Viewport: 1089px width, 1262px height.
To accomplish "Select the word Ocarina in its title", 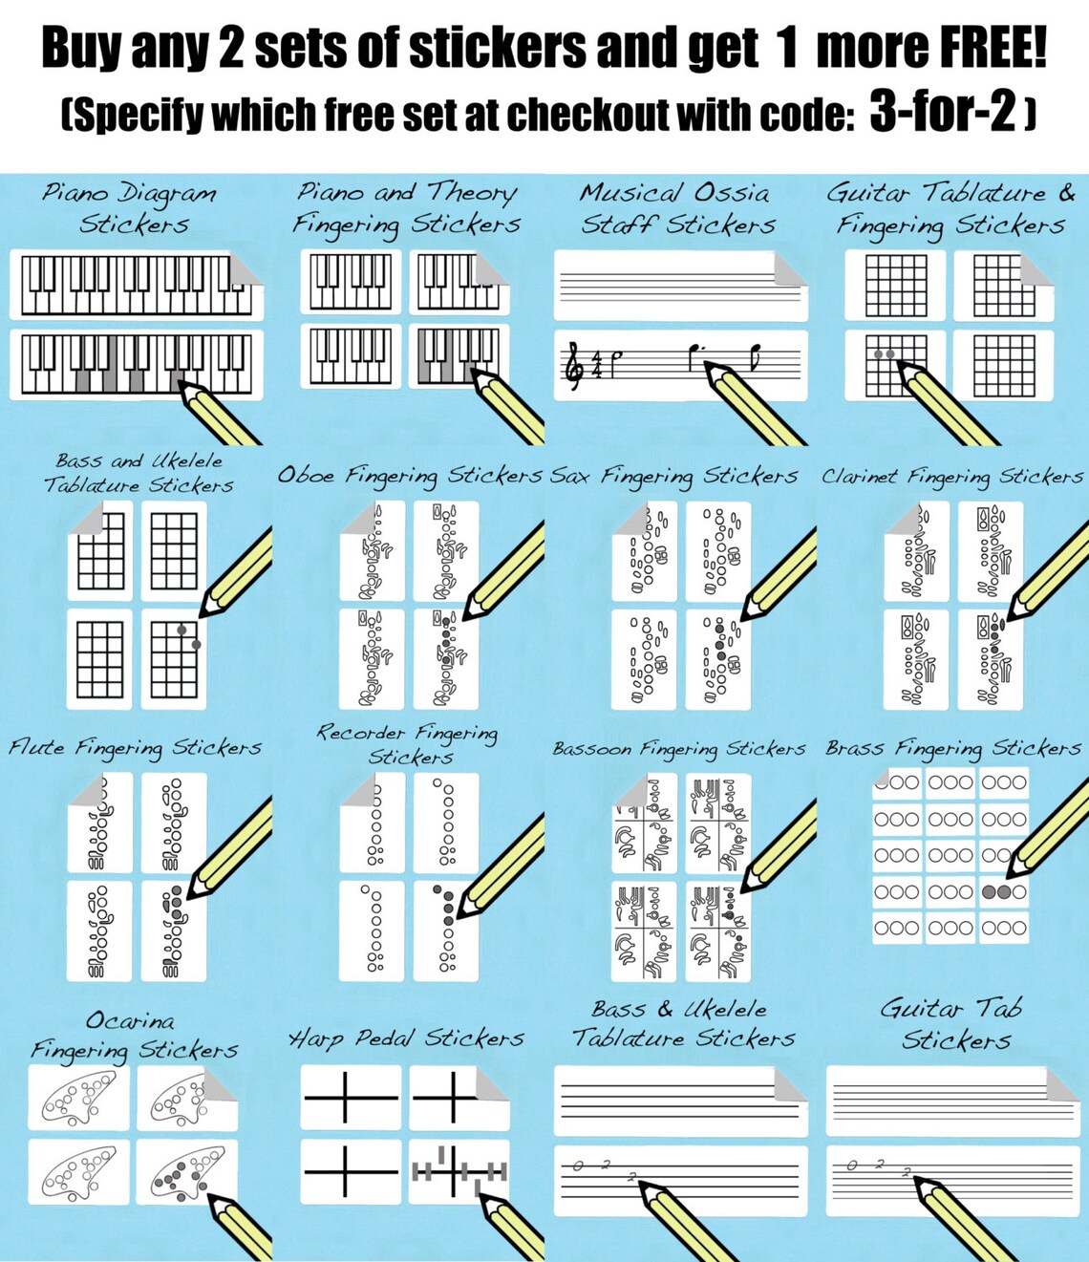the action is click(x=130, y=1021).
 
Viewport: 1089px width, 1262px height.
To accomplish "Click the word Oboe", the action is click(x=306, y=475).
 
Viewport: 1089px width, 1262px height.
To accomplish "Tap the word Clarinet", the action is click(x=860, y=476).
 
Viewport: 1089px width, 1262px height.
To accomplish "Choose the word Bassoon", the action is click(x=592, y=749).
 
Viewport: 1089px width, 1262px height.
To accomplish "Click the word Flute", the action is click(x=36, y=747).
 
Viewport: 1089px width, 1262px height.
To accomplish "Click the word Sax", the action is click(x=570, y=475).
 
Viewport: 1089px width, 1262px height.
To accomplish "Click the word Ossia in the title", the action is click(x=732, y=193).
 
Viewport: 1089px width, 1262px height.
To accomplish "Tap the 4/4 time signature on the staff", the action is click(x=596, y=364).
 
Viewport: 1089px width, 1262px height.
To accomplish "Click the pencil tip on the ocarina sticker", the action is click(x=210, y=1196).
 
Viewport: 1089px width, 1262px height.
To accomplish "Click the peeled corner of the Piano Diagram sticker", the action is click(x=246, y=268).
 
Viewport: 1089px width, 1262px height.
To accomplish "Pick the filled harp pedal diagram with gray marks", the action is click(x=459, y=1171).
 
